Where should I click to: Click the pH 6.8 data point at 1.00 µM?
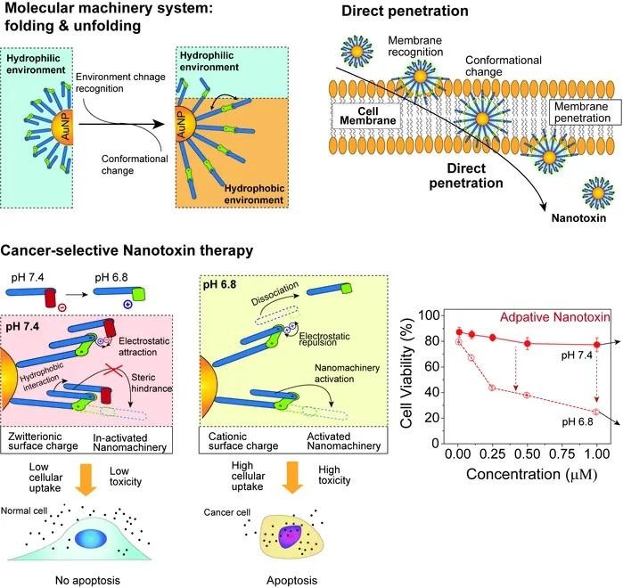pyautogui.click(x=596, y=412)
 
